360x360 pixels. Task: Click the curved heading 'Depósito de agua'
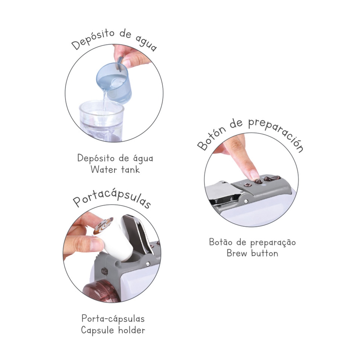(x=114, y=39)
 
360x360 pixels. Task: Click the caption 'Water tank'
(x=115, y=169)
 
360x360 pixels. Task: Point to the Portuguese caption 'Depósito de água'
(x=115, y=158)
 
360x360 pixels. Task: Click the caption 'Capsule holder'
(x=113, y=330)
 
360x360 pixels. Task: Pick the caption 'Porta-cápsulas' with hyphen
(x=113, y=319)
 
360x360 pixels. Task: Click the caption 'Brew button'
(x=252, y=253)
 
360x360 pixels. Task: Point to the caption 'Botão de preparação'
(x=252, y=242)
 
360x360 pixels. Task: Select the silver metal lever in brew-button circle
(x=222, y=192)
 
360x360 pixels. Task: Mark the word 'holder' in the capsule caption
(x=131, y=330)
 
